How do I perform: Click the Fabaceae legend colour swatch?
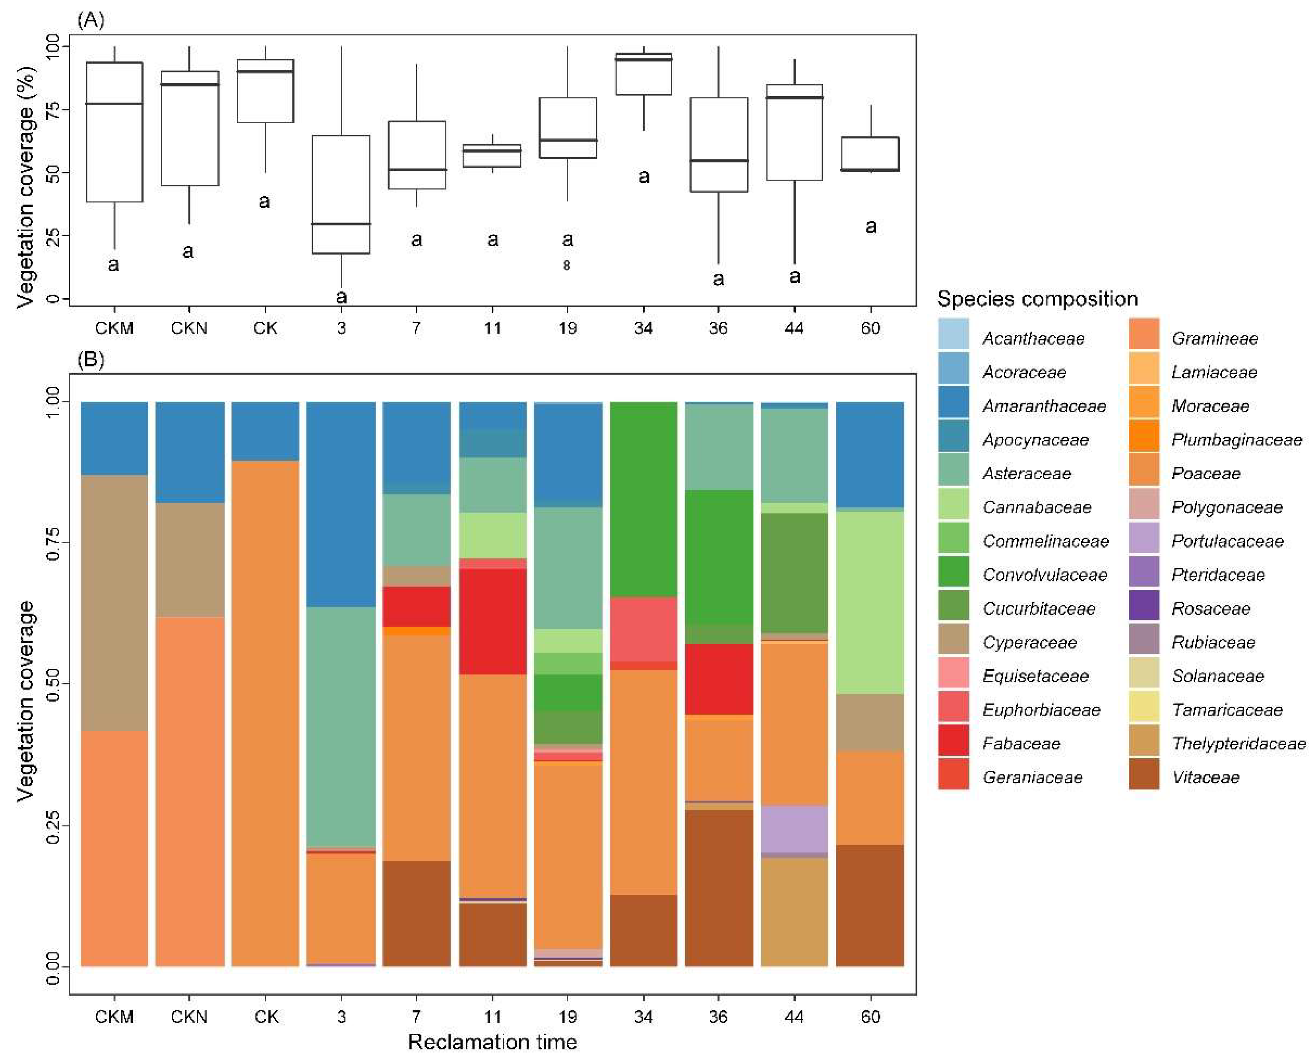(953, 743)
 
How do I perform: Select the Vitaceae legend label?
(1206, 777)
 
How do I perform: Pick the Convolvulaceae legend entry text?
(1045, 575)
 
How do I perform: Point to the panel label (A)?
(90, 20)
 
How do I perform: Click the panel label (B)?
(90, 359)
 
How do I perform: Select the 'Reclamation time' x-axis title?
(492, 1041)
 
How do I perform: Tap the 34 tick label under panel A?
(643, 328)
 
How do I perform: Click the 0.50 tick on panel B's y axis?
(53, 684)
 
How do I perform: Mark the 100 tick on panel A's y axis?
(53, 47)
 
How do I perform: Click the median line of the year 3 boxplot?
(341, 224)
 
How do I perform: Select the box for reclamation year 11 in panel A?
(492, 156)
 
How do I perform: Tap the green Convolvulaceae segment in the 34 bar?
(643, 499)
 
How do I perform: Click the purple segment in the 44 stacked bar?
(794, 829)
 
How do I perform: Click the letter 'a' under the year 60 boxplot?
(870, 227)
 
